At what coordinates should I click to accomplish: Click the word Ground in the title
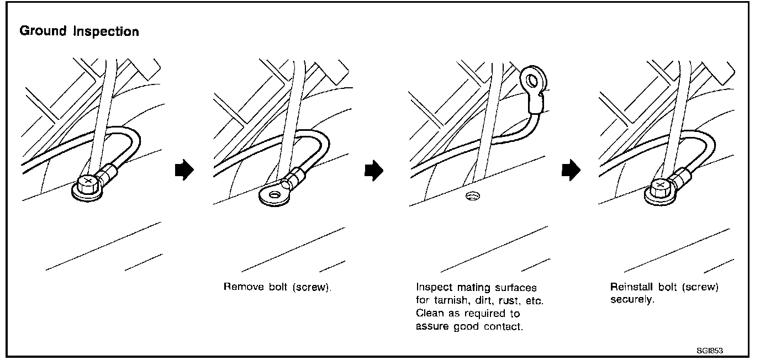tap(43, 31)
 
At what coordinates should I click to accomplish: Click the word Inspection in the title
tap(107, 32)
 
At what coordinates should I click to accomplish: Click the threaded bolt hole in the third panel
tap(471, 196)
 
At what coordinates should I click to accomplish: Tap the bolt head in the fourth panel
tap(659, 187)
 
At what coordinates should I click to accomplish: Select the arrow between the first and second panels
tap(182, 171)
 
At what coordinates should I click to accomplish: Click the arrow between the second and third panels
tap(373, 171)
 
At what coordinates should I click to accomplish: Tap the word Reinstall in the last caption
tap(630, 288)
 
